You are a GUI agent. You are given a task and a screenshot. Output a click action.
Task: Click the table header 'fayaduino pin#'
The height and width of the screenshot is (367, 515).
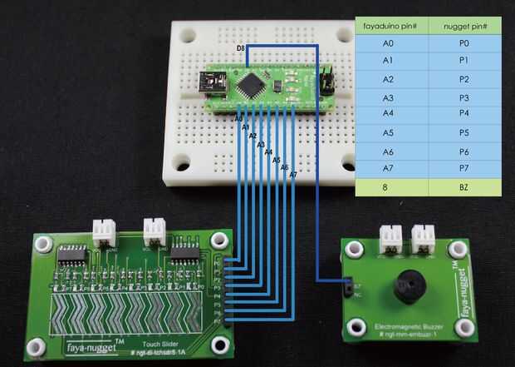pyautogui.click(x=390, y=27)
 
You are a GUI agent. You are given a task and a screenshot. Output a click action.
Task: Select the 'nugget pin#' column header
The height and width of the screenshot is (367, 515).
pyautogui.click(x=464, y=27)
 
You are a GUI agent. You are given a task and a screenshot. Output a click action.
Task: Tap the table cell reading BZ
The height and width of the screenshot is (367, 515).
pyautogui.click(x=464, y=188)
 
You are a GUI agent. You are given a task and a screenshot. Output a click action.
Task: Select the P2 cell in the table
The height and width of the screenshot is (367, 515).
pyautogui.click(x=464, y=79)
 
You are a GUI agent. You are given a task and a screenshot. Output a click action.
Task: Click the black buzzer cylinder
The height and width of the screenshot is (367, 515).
pyautogui.click(x=408, y=287)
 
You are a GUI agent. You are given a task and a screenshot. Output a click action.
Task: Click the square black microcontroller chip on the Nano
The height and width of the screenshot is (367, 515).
pyautogui.click(x=250, y=84)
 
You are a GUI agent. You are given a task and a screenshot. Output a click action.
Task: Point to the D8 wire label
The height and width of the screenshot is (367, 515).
pyautogui.click(x=240, y=50)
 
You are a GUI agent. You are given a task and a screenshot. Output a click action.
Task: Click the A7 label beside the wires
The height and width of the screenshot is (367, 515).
pyautogui.click(x=293, y=175)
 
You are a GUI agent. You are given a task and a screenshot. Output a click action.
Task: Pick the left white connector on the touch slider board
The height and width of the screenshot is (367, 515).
pyautogui.click(x=104, y=230)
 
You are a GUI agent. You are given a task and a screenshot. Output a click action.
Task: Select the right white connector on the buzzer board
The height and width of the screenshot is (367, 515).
pyautogui.click(x=423, y=238)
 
